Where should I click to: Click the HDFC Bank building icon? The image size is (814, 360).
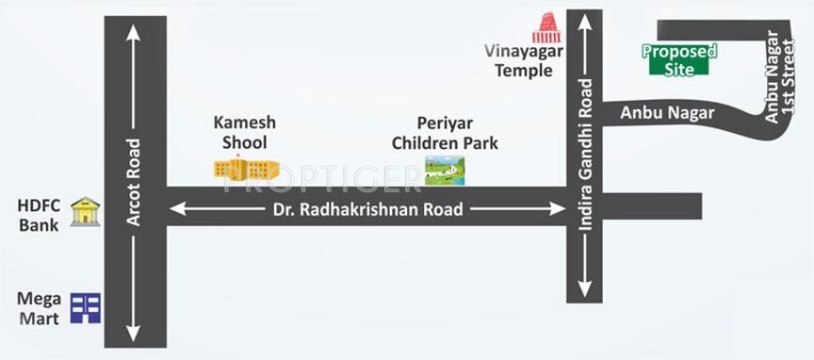click(86, 212)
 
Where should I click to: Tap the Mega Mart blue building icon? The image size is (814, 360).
click(86, 308)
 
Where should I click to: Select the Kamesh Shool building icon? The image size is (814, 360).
click(246, 169)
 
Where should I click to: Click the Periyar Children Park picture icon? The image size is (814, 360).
click(444, 170)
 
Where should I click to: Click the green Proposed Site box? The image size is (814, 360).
click(679, 60)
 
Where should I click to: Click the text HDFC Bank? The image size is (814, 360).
click(38, 215)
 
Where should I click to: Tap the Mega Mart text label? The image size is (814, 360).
click(39, 308)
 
